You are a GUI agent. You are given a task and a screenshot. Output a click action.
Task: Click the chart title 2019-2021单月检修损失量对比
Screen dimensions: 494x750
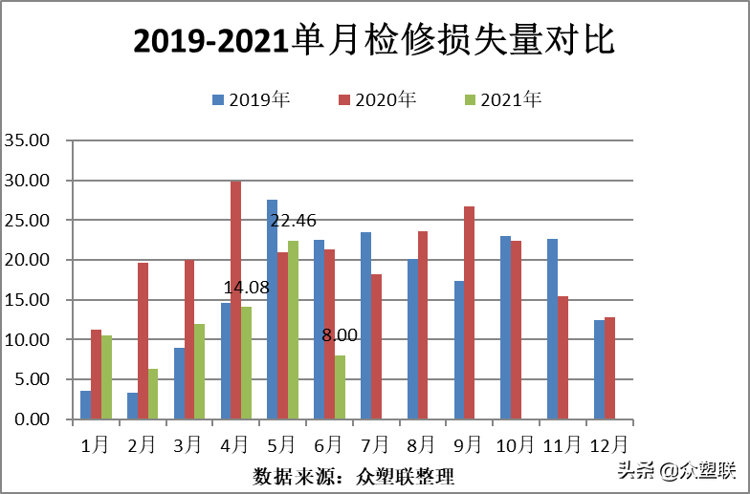(374, 40)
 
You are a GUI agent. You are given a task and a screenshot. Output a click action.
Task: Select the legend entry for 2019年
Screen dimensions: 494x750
(252, 99)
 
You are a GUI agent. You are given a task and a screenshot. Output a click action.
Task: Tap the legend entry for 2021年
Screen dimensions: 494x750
(503, 99)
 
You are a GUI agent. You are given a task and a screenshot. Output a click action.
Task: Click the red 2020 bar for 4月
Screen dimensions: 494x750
(235, 300)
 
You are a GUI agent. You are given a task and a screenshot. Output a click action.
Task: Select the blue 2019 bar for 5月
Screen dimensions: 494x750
(272, 310)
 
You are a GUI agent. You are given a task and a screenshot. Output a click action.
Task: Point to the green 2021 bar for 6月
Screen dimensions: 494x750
(340, 387)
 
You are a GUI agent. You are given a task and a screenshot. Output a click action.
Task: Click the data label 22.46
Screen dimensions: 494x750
(293, 221)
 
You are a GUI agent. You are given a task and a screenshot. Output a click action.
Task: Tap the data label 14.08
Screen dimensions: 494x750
(247, 287)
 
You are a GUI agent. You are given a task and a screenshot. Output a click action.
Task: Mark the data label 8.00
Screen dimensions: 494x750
(340, 335)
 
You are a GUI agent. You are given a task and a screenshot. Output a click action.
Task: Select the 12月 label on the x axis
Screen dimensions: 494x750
(608, 444)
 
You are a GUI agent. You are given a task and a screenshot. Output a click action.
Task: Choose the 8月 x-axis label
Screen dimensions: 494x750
(421, 444)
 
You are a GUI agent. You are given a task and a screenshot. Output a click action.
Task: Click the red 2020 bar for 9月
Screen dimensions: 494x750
(469, 312)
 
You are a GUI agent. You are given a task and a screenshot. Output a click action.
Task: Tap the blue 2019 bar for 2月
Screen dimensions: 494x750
(132, 406)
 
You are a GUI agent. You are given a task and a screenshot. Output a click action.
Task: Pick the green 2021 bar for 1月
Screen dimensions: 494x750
(106, 377)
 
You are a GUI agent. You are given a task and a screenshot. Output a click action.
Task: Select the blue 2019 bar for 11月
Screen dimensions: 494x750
(552, 329)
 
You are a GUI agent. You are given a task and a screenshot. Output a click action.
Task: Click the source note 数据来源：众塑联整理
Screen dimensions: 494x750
(354, 475)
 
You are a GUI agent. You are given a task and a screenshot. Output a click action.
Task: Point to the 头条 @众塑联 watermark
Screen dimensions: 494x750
(675, 469)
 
